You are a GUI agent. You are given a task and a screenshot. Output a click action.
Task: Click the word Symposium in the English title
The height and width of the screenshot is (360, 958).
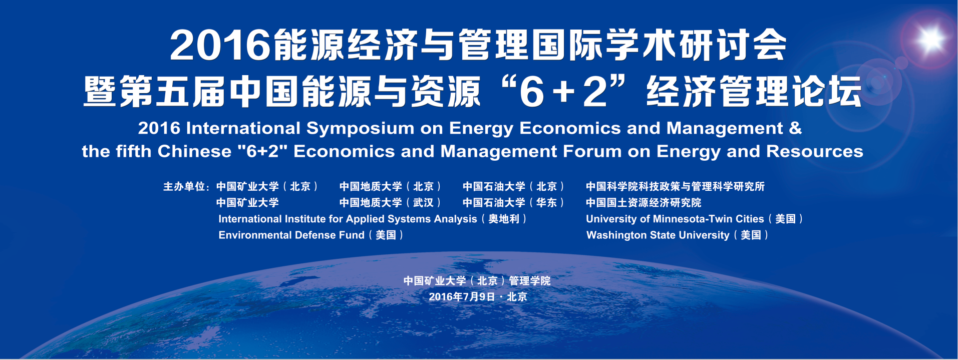pyautogui.click(x=360, y=129)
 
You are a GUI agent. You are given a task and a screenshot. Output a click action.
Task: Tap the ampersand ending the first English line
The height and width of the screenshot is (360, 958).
pyautogui.click(x=795, y=128)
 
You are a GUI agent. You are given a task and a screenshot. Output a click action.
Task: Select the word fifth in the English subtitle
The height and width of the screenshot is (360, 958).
pyautogui.click(x=134, y=151)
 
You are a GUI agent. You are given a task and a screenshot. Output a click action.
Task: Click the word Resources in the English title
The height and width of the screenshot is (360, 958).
pyautogui.click(x=815, y=151)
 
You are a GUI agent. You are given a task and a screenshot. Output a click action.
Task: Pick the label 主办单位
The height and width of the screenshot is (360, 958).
pyautogui.click(x=184, y=187)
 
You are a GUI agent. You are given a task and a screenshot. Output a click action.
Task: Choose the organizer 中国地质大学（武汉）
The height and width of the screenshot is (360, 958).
pyautogui.click(x=390, y=203)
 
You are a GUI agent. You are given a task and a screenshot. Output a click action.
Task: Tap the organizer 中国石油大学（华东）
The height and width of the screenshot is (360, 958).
pyautogui.click(x=513, y=203)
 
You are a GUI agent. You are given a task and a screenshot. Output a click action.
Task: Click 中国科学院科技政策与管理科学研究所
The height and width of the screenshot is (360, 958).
pyautogui.click(x=675, y=187)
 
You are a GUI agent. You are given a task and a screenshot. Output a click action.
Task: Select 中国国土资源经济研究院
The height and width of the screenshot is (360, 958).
pyautogui.click(x=644, y=203)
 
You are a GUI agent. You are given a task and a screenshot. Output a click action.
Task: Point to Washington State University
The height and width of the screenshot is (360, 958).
pyautogui.click(x=658, y=235)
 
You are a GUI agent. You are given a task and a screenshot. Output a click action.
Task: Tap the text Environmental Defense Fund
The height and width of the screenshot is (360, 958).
pyautogui.click(x=291, y=235)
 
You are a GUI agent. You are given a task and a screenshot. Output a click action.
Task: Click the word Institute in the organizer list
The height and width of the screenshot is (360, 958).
pyautogui.click(x=305, y=219)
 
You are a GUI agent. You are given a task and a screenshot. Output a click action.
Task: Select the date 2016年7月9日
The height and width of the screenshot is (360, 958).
pyautogui.click(x=462, y=297)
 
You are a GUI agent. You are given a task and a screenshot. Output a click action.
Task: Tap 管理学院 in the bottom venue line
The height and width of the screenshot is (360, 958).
pyautogui.click(x=530, y=281)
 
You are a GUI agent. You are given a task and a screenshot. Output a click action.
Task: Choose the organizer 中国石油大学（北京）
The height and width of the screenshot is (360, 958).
pyautogui.click(x=513, y=187)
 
